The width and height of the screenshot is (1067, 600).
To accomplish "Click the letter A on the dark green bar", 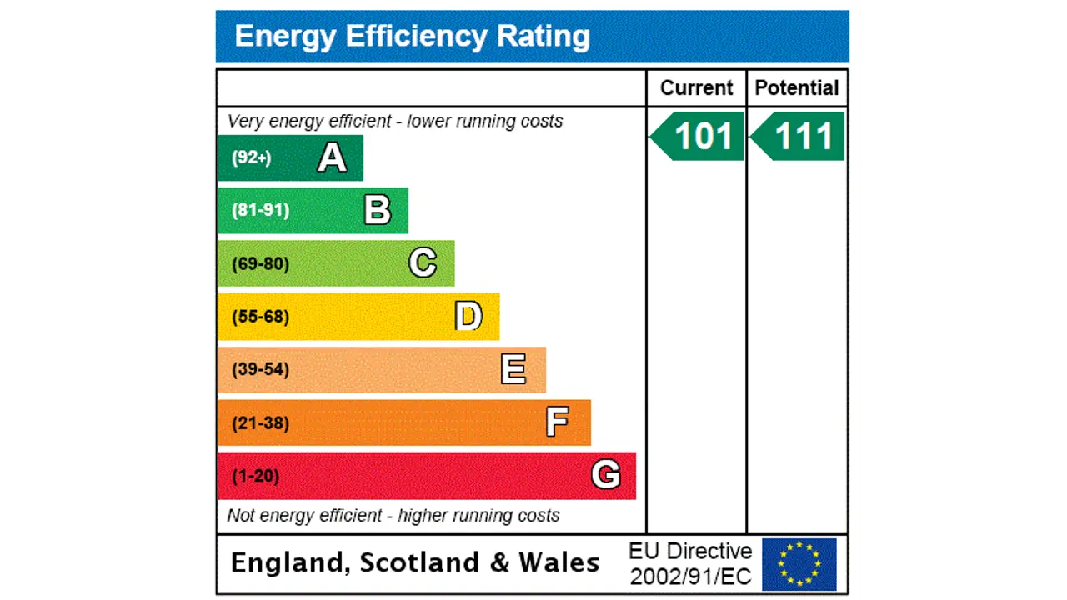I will click(x=332, y=157).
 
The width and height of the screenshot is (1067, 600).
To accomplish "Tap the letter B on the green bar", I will click(x=377, y=210).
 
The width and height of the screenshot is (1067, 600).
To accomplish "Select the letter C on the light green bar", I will click(x=423, y=263).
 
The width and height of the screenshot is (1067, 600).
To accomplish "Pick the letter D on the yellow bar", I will click(x=468, y=317).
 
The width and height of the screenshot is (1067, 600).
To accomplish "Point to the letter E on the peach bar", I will click(x=513, y=369).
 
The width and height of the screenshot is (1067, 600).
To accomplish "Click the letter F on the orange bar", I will click(x=558, y=422).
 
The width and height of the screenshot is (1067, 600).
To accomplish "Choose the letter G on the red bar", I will click(x=605, y=475).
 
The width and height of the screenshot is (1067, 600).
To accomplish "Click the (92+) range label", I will click(x=251, y=157).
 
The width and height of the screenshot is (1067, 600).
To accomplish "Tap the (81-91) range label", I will click(x=260, y=210).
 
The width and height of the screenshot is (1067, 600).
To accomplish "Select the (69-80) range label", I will click(x=260, y=264).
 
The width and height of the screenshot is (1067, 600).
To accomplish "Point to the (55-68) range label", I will click(x=260, y=317).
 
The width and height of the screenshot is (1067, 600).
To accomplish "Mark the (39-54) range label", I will click(x=260, y=369).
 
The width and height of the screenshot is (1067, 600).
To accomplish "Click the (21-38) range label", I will click(x=260, y=423).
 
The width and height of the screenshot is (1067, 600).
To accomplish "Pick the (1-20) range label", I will click(x=255, y=476).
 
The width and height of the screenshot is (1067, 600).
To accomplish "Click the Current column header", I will click(x=696, y=88).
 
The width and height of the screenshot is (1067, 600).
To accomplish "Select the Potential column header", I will click(x=797, y=88).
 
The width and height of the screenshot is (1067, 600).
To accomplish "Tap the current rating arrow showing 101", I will click(x=698, y=137).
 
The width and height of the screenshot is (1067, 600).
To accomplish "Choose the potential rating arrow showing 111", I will click(x=799, y=137).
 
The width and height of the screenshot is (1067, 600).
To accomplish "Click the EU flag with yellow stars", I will click(x=799, y=564).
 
